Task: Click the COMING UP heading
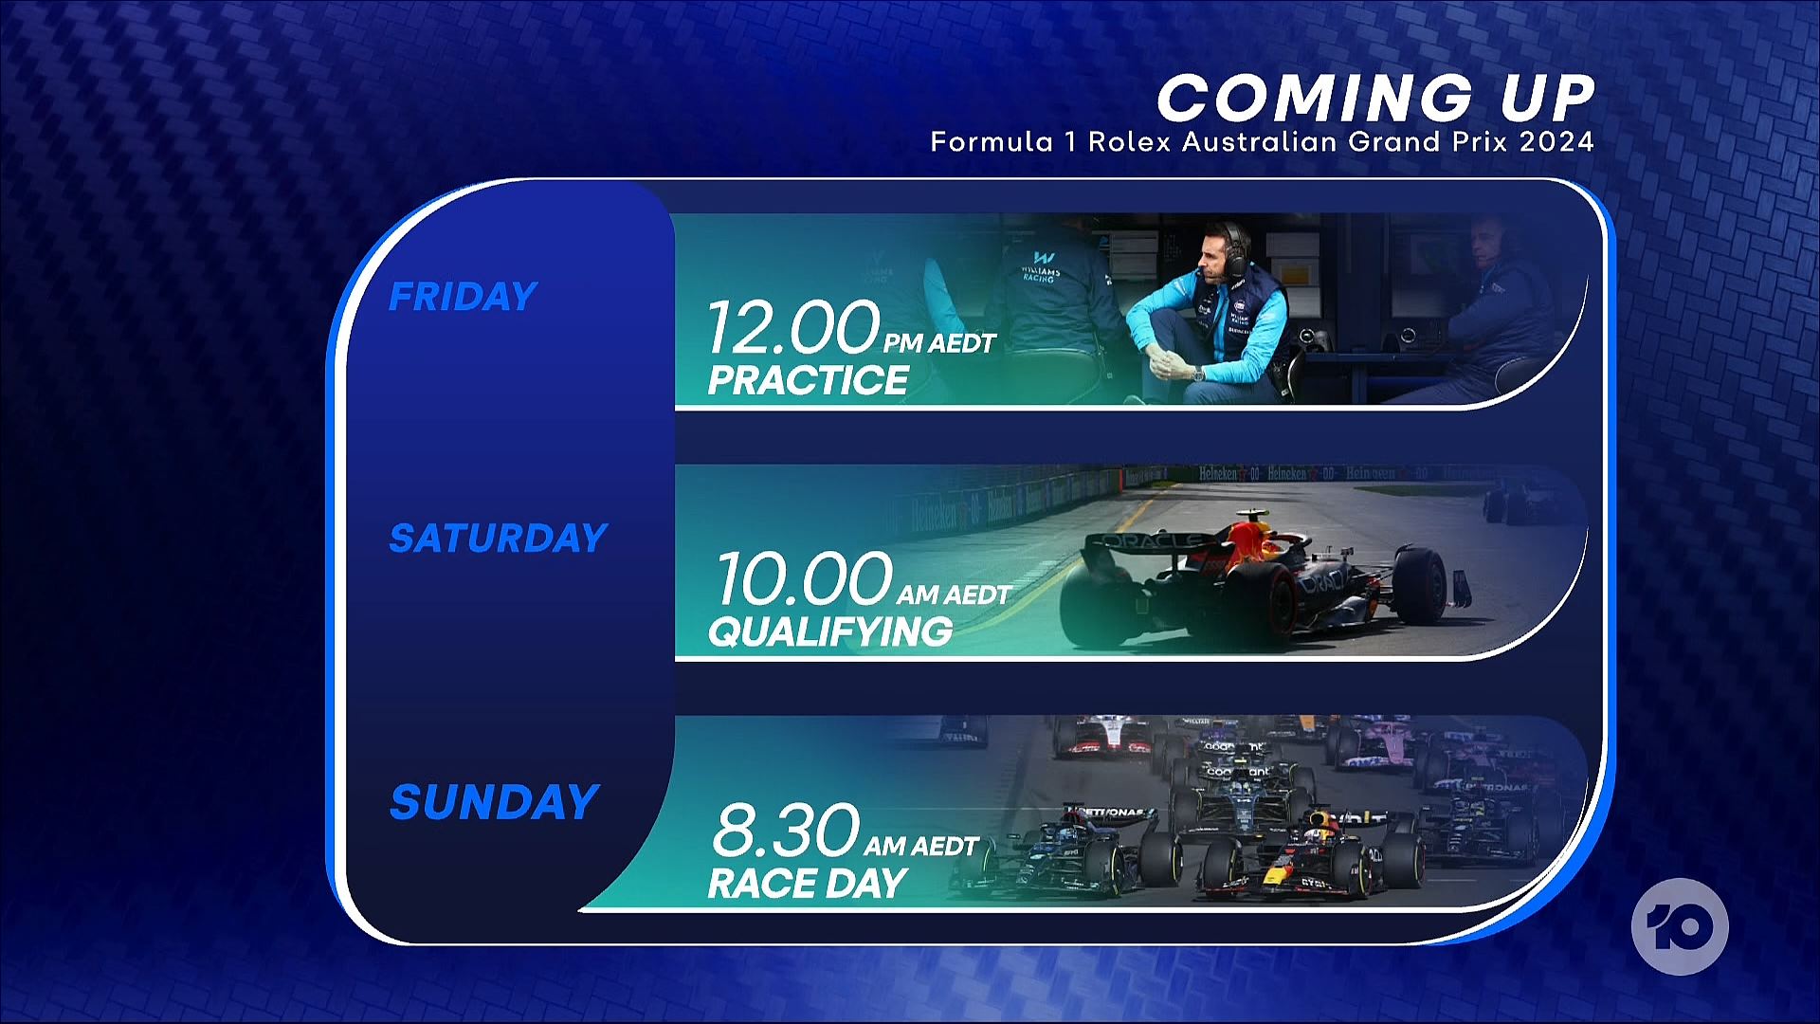click(x=1375, y=99)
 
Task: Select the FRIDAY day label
click(x=463, y=297)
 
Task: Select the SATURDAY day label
click(x=498, y=539)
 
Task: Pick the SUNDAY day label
click(x=494, y=802)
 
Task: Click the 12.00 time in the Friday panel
click(x=793, y=326)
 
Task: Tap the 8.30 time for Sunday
click(x=786, y=830)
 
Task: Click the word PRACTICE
click(x=808, y=380)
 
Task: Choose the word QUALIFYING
click(x=830, y=631)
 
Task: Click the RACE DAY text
click(x=808, y=884)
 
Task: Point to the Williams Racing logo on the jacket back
click(x=1041, y=266)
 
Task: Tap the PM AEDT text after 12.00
click(x=939, y=343)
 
